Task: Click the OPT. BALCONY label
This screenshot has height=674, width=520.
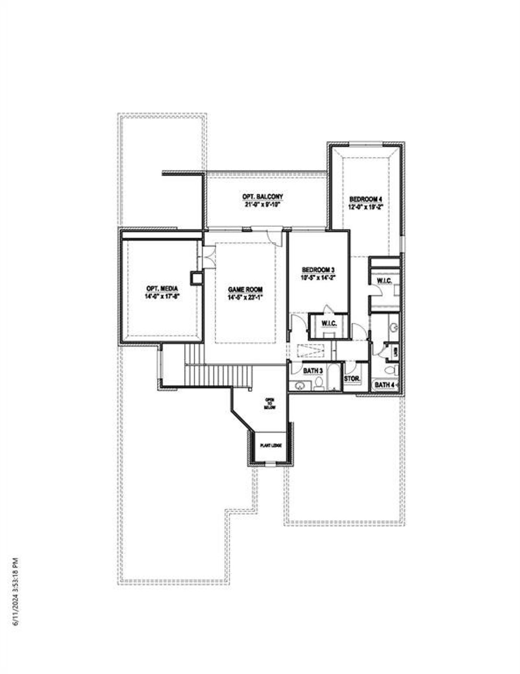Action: (262, 197)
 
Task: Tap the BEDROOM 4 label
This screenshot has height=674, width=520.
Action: (366, 199)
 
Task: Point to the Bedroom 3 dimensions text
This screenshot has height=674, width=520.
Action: (318, 278)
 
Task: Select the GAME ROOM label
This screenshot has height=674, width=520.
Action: (245, 289)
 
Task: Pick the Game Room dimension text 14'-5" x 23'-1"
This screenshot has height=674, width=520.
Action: (245, 297)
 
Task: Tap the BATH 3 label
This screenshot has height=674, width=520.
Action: (313, 371)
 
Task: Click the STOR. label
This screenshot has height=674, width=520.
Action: (352, 379)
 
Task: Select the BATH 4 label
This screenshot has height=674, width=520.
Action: (384, 385)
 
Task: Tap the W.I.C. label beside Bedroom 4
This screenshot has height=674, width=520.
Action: (384, 281)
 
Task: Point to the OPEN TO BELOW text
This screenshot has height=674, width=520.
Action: (269, 403)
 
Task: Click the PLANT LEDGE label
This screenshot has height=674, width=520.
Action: (271, 446)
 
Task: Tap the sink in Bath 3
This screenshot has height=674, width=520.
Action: (300, 385)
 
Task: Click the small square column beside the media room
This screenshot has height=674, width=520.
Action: (196, 278)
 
